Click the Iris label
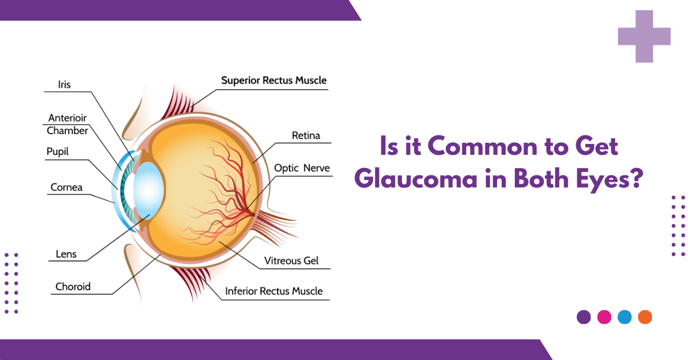click(64, 85)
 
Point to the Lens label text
click(66, 254)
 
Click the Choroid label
click(73, 287)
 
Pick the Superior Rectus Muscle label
click(274, 80)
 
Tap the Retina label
click(306, 136)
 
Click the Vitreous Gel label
click(291, 261)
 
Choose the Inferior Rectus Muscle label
click(274, 291)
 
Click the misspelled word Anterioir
click(68, 119)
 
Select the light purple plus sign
click(644, 36)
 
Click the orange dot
click(645, 317)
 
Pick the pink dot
click(604, 317)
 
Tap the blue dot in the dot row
click(624, 317)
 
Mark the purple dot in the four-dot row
click(584, 317)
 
